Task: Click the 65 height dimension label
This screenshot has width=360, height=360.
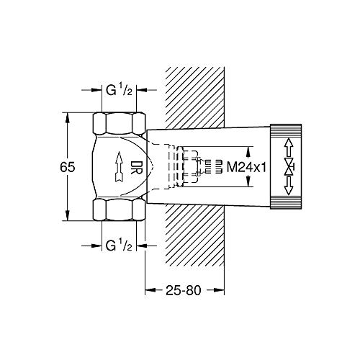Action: coord(68,167)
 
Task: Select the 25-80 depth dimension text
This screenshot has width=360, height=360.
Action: coord(183,290)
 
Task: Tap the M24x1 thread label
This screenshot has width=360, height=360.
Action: coord(246,167)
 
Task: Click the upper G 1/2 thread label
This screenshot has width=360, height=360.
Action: coord(119,91)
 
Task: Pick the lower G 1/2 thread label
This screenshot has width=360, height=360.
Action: coord(119,246)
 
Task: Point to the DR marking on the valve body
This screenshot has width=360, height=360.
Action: coord(137,167)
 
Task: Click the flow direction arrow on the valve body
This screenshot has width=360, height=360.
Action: coord(119,166)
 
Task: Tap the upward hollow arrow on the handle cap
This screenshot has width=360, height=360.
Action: coord(289,148)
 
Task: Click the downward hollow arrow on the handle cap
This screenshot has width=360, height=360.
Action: coord(289,186)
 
